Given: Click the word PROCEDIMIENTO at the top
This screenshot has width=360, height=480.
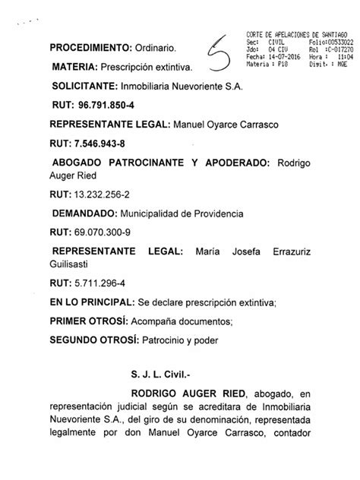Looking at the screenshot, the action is (x=84, y=49).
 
